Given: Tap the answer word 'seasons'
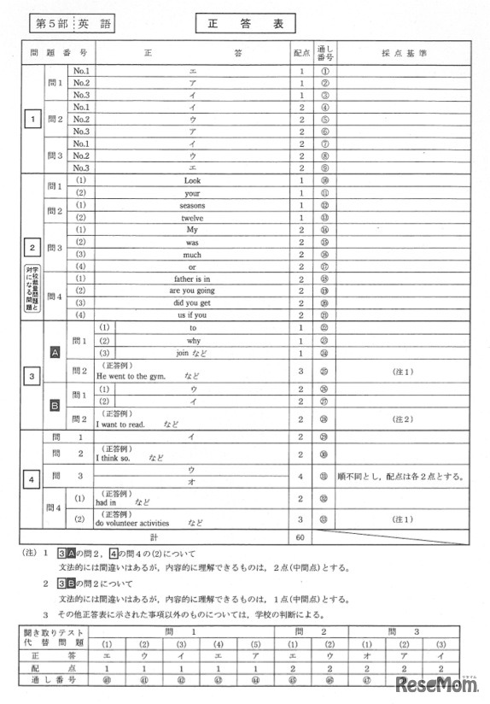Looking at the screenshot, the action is (x=192, y=205).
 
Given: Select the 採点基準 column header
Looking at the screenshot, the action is (x=400, y=51).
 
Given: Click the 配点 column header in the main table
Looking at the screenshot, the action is (x=301, y=51).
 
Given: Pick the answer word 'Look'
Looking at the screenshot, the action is (x=192, y=180).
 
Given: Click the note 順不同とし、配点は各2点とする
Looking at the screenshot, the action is (x=400, y=476).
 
